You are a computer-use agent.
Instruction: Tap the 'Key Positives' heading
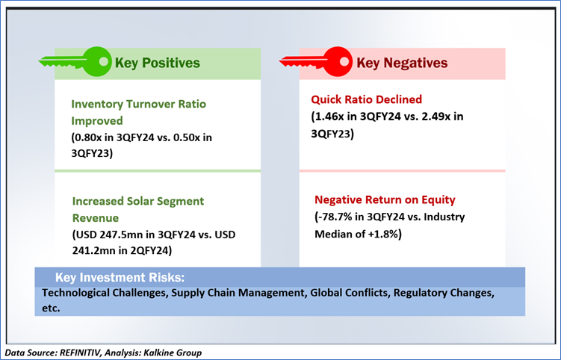[158, 63]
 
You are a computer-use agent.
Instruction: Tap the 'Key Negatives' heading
[402, 63]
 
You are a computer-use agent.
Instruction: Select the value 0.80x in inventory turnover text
[88, 137]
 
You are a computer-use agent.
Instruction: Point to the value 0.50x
[187, 137]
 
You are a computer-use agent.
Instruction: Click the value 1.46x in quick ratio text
[329, 117]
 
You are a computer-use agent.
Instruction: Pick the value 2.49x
[436, 117]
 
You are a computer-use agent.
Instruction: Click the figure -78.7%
[335, 217]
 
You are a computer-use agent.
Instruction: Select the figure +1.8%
[382, 234]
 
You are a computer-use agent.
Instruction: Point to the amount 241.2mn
[93, 250]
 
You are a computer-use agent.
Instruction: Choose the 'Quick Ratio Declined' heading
[366, 99]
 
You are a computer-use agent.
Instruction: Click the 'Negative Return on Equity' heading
[385, 199]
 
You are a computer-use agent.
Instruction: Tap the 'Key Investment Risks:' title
[120, 277]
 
